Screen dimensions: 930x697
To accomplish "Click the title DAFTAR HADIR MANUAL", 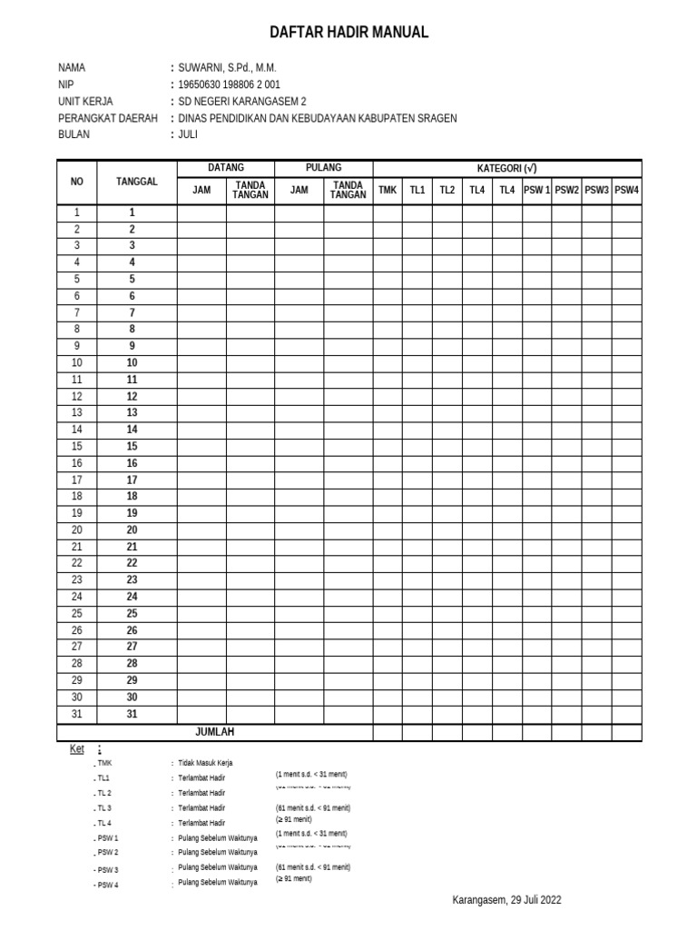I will coord(348,33).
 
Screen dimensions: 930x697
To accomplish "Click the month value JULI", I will coord(188,134).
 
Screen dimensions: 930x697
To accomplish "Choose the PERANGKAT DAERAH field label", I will coord(107,118).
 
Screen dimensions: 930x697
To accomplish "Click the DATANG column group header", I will coord(226,168).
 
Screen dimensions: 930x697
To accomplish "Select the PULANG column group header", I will coord(324,168).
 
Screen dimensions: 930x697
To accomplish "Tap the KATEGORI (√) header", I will coord(507,168).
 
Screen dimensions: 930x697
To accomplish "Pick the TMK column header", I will coord(388,190).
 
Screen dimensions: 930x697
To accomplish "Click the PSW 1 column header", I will coord(536,190).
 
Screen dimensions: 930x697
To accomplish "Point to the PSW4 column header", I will coord(626,190).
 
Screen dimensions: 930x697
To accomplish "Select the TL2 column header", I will coord(447,190).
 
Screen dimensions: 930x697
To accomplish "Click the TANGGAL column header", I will coord(137,182).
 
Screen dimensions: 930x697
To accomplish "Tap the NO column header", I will coord(77,182).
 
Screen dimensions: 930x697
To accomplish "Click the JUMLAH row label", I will coord(215,732).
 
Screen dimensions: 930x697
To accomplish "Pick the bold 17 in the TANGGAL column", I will coord(132,480).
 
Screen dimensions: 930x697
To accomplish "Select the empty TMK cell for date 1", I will coord(388,213).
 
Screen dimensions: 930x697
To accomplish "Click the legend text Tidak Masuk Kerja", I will coord(206,763).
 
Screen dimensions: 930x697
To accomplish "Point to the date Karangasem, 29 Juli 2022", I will coord(506,900).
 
